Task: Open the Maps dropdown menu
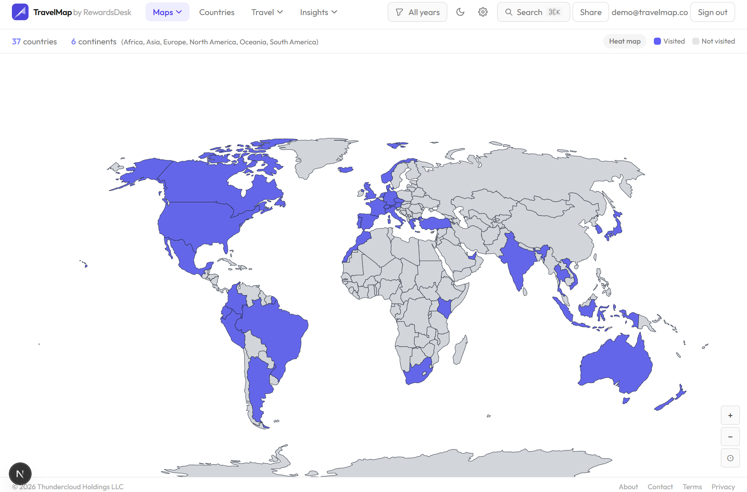pos(167,12)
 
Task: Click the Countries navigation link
pos(216,12)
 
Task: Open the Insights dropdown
pos(318,12)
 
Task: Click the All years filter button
pos(418,12)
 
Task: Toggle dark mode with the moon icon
pos(460,12)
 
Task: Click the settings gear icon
pos(483,12)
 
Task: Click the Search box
pos(533,12)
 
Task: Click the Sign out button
pos(712,12)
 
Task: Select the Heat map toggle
pos(624,41)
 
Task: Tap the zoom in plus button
pos(730,416)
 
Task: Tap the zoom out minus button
pos(730,437)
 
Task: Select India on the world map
pos(515,261)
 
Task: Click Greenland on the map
pos(317,154)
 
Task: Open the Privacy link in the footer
pos(723,487)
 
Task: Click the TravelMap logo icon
pos(20,12)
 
